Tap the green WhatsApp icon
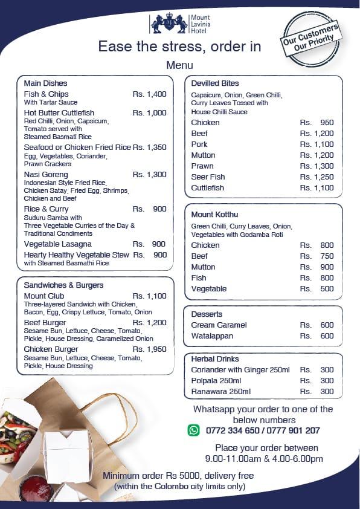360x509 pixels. [193, 430]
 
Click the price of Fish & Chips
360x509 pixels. [149, 94]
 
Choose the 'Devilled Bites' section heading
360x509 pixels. [215, 83]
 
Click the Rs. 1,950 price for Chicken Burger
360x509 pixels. [149, 349]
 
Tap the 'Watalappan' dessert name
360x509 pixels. [211, 336]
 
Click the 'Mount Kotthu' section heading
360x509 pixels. [214, 215]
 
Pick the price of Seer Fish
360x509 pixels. [317, 177]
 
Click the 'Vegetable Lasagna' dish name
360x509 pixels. [58, 244]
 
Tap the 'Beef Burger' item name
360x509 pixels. [45, 323]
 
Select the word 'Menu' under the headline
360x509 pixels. [179, 65]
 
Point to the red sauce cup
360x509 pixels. [36, 487]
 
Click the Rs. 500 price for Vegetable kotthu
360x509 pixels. [317, 289]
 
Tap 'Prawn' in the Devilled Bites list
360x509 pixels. [202, 166]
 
